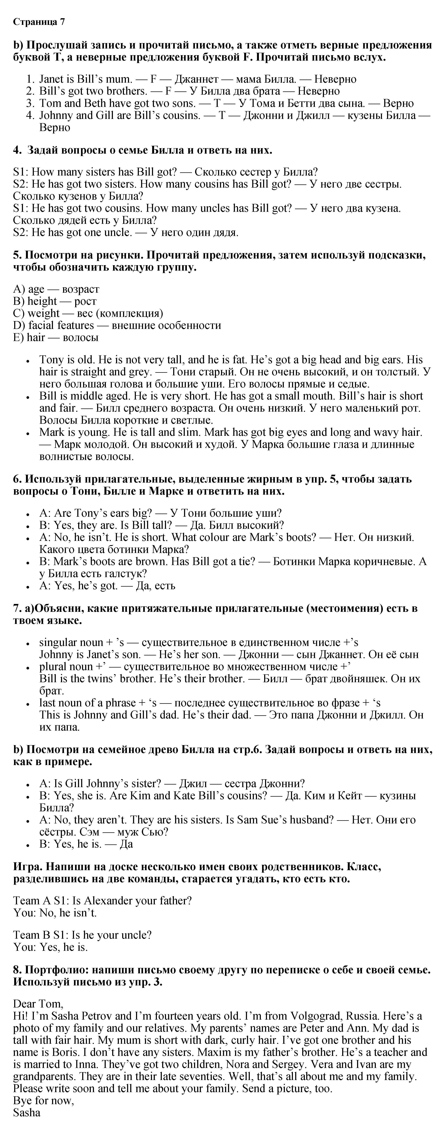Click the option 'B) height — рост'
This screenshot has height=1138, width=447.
tap(55, 301)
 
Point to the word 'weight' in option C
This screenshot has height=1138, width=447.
tap(43, 313)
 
